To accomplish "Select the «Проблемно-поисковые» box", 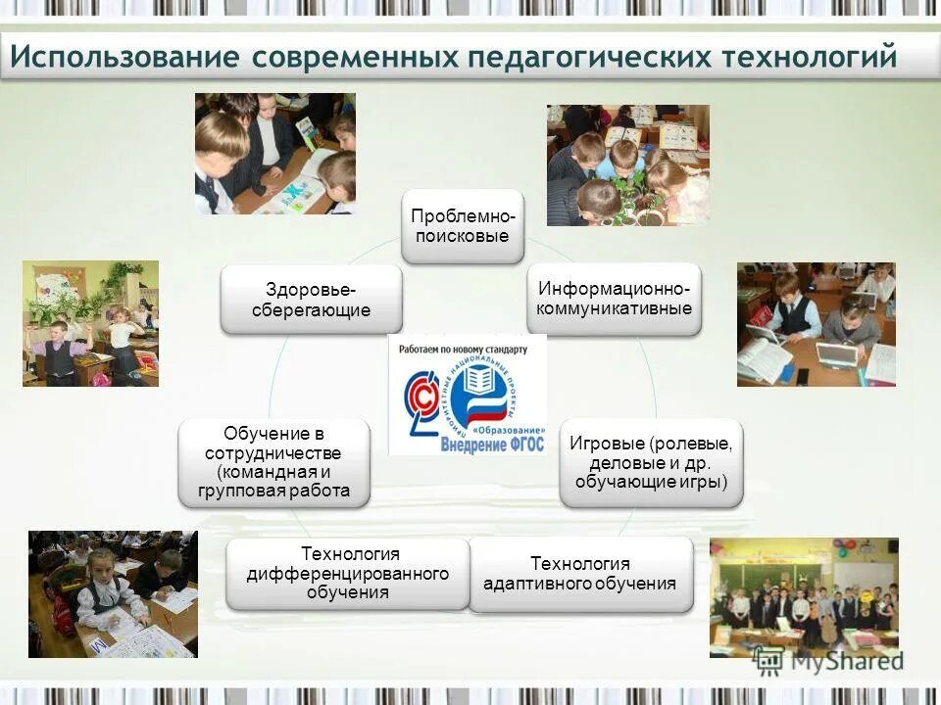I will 463,226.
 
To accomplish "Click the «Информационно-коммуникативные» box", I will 615,299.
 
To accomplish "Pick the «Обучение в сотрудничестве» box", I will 274,462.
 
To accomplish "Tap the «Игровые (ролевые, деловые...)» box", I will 651,462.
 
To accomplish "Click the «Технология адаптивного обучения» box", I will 580,575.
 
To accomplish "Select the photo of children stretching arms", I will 90,323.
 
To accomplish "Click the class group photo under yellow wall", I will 804,597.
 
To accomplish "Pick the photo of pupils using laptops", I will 816,324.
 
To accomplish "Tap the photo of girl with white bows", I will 113,593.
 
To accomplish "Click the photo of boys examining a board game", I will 274,154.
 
